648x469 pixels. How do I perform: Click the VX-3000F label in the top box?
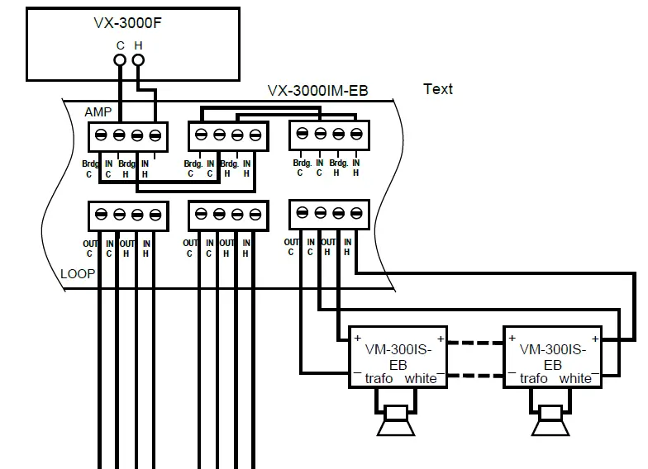pyautogui.click(x=127, y=23)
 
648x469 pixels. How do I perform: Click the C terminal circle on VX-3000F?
pyautogui.click(x=120, y=60)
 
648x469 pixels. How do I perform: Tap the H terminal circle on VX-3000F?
pyautogui.click(x=138, y=60)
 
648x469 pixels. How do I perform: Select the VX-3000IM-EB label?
pyautogui.click(x=318, y=91)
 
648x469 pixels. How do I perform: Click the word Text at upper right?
pyautogui.click(x=437, y=89)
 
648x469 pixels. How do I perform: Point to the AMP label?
pyautogui.click(x=98, y=111)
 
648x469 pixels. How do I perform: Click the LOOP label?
pyautogui.click(x=77, y=274)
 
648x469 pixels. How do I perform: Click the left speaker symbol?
pyautogui.click(x=396, y=422)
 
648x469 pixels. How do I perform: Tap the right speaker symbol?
pyautogui.click(x=550, y=422)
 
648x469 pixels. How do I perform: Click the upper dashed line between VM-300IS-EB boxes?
pyautogui.click(x=475, y=339)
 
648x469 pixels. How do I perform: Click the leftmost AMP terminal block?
pyautogui.click(x=128, y=135)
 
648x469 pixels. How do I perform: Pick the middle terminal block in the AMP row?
pyautogui.click(x=228, y=135)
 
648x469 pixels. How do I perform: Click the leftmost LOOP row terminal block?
pyautogui.click(x=128, y=215)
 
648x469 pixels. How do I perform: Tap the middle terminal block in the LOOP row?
pyautogui.click(x=228, y=215)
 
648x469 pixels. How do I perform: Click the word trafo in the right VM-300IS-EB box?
pyautogui.click(x=534, y=378)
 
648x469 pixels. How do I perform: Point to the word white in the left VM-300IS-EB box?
pyautogui.click(x=421, y=378)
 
